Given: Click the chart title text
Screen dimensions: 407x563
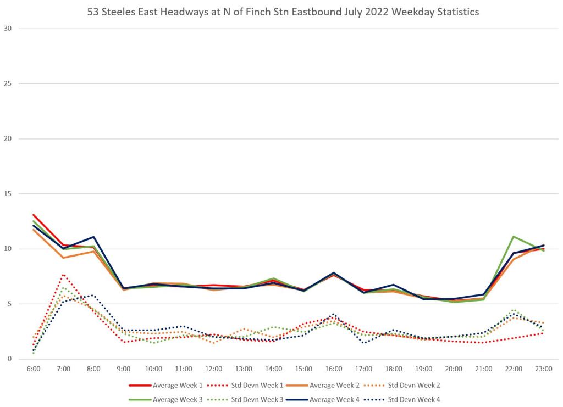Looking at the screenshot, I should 283,12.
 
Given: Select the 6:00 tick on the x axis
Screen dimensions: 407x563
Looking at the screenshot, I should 34,369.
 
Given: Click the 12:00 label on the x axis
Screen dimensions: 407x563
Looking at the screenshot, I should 213,369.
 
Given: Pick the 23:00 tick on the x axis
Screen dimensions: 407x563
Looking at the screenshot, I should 544,369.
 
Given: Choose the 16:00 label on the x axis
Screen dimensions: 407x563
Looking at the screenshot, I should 334,369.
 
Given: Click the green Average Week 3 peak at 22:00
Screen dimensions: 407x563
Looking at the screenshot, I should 514,237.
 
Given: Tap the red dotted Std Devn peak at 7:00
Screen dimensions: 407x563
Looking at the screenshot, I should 64,275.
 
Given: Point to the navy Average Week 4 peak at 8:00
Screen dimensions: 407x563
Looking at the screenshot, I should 93,237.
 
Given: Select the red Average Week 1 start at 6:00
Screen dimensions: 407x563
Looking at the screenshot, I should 34,215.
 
